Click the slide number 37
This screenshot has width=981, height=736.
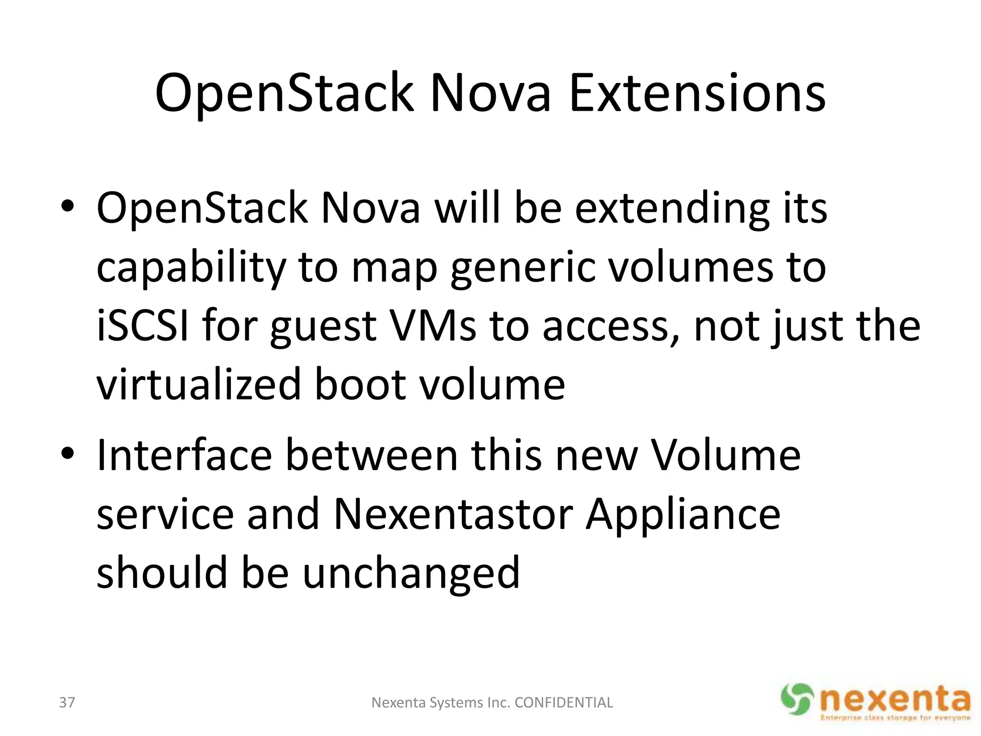tap(67, 702)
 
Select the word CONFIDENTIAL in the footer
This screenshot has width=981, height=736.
tap(563, 702)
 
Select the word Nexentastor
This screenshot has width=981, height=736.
tap(453, 514)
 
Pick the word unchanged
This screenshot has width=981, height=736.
tap(411, 573)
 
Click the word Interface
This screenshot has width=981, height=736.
tap(184, 455)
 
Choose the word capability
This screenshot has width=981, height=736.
tap(191, 268)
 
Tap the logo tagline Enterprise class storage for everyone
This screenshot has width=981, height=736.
tap(895, 718)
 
